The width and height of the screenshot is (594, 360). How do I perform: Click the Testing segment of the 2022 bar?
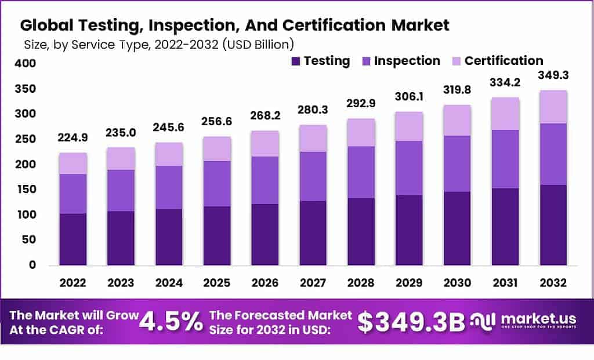point(73,239)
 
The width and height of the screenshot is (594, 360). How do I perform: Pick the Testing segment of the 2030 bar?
point(457,228)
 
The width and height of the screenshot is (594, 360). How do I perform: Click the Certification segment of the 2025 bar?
point(217,149)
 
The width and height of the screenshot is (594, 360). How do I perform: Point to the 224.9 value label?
point(73,138)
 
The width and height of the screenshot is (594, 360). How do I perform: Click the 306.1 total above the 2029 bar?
point(409,97)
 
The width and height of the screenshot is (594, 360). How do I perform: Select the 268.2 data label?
point(265,116)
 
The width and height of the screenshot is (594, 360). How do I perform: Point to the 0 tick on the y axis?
point(33,265)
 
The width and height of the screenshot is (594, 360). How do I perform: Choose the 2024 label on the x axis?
point(169,283)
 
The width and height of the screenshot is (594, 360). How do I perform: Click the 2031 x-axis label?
point(505,283)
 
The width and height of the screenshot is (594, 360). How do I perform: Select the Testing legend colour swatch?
point(295,61)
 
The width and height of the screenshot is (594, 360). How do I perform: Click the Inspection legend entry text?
point(407,61)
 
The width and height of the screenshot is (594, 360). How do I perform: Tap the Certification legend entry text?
point(504,61)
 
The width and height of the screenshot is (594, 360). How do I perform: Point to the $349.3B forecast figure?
point(411,322)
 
